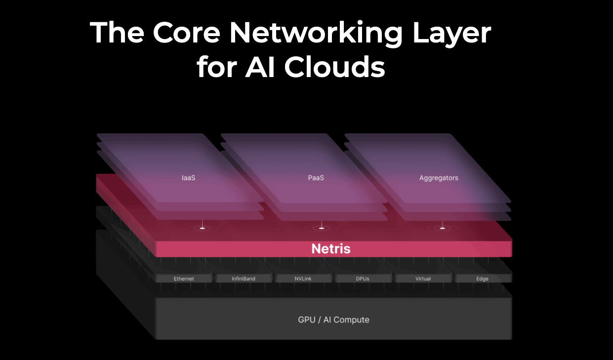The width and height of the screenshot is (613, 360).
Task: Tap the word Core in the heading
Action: [x=186, y=33]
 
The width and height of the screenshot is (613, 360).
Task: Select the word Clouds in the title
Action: [x=334, y=67]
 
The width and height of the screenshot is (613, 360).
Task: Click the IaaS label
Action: [x=189, y=178]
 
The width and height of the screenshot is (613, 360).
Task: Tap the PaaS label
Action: [x=316, y=178]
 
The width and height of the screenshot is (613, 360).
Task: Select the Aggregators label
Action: [x=439, y=178]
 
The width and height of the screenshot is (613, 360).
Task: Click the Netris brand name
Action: [x=331, y=249]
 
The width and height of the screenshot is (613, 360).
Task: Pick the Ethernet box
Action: [x=184, y=279]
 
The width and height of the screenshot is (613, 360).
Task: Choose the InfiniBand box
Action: [x=244, y=279]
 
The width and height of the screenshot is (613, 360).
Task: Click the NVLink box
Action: [x=303, y=279]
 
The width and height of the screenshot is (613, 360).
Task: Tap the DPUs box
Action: [x=363, y=279]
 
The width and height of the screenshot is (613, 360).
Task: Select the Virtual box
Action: [x=423, y=279]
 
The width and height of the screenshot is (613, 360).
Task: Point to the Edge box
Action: [x=483, y=279]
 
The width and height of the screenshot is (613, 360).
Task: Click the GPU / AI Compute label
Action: [x=333, y=320]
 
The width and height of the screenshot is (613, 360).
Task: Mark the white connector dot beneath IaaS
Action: [x=203, y=228]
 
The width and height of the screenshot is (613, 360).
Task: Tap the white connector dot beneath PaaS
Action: [x=322, y=228]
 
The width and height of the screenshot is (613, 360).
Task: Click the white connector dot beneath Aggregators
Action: [x=443, y=228]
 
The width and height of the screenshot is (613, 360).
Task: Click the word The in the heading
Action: [x=117, y=32]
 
